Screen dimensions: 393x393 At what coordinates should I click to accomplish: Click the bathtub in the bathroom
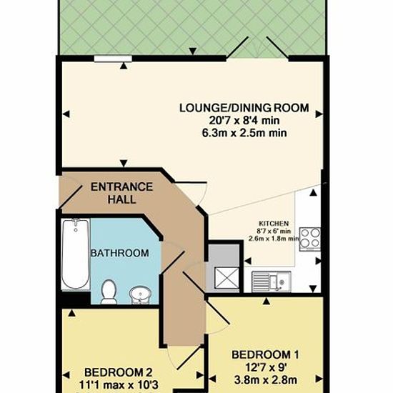[76, 254]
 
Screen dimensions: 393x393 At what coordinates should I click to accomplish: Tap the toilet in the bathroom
[109, 292]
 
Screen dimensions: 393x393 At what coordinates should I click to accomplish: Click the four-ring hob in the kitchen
[310, 239]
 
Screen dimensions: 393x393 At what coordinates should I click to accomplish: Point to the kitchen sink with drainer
[272, 282]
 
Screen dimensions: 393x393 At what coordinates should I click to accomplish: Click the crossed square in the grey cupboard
[227, 278]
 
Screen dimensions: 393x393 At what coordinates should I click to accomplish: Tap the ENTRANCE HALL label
[121, 193]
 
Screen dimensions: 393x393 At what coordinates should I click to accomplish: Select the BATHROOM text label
[120, 253]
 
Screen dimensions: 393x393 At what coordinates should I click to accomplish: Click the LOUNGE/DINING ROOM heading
[244, 108]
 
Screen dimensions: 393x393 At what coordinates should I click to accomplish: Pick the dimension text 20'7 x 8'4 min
[244, 121]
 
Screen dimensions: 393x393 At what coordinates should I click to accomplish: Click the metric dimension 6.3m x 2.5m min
[244, 133]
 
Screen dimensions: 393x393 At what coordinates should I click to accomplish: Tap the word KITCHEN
[274, 224]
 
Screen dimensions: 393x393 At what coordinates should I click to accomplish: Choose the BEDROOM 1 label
[265, 355]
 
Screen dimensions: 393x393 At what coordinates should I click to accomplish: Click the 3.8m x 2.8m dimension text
[266, 380]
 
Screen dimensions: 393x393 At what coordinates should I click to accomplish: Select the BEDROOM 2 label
[119, 372]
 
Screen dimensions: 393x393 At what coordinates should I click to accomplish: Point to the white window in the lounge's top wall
[113, 59]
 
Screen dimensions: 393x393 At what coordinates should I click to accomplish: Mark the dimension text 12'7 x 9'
[266, 368]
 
